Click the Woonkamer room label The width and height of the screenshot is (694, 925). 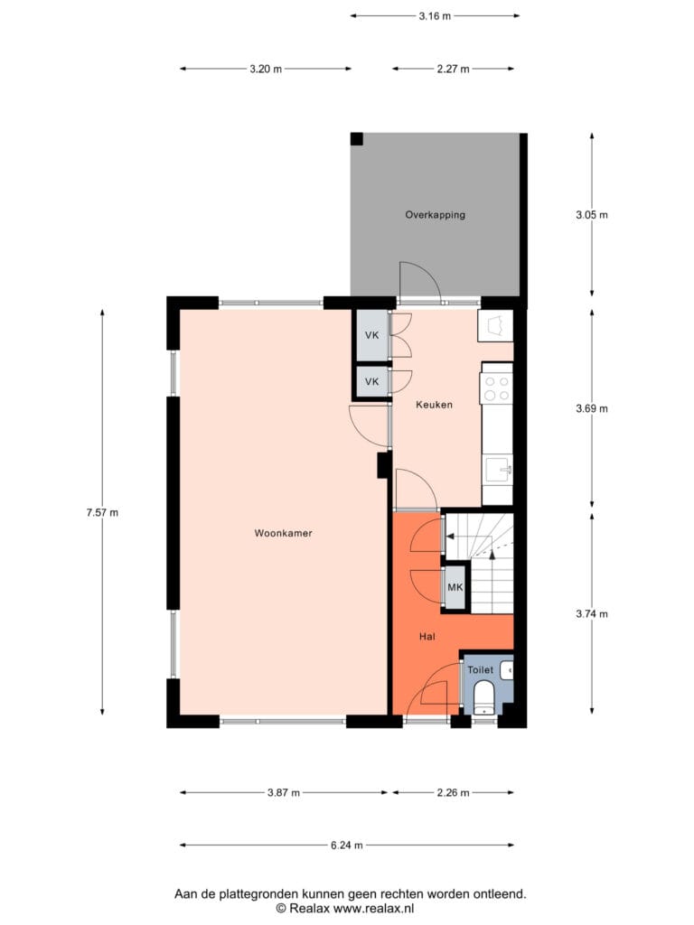pyautogui.click(x=283, y=533)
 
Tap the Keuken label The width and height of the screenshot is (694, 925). pyautogui.click(x=434, y=405)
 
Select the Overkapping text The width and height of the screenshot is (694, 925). pyautogui.click(x=435, y=215)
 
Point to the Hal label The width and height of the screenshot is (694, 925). pyautogui.click(x=427, y=637)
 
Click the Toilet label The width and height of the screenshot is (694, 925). pyautogui.click(x=481, y=670)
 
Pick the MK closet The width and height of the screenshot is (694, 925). pyautogui.click(x=455, y=587)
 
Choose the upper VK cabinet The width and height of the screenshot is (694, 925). pyautogui.click(x=371, y=335)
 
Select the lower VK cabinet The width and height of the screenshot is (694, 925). pyautogui.click(x=371, y=382)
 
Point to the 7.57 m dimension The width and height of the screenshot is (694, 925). pyautogui.click(x=102, y=513)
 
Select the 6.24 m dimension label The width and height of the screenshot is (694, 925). pyautogui.click(x=346, y=846)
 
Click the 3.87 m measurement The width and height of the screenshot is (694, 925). pyautogui.click(x=283, y=793)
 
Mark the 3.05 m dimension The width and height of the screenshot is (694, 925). pyautogui.click(x=592, y=215)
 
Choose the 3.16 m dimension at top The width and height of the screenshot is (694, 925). pyautogui.click(x=435, y=16)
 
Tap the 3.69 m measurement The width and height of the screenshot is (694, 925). pyautogui.click(x=592, y=408)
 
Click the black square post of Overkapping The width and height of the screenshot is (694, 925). pyautogui.click(x=356, y=139)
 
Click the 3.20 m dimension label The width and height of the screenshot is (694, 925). pyautogui.click(x=266, y=69)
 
